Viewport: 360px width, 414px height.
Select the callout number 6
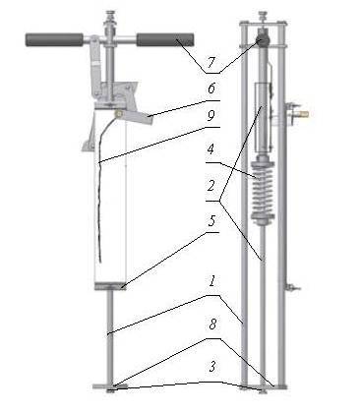point(211,89)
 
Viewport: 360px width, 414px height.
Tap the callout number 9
point(211,116)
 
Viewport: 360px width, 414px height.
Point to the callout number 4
point(210,149)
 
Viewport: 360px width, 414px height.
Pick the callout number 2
point(210,186)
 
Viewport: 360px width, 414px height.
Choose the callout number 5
point(211,221)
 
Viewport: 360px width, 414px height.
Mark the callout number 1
point(212,281)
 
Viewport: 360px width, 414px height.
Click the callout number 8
point(212,325)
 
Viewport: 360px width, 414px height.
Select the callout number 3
point(212,367)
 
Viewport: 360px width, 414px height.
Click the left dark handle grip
point(54,39)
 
